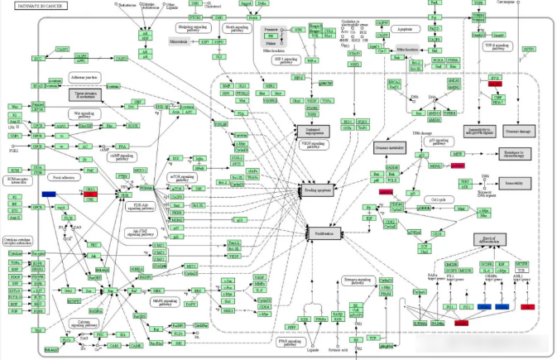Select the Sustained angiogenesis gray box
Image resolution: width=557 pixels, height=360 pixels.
(315, 130)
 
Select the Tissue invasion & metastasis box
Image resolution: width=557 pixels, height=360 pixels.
(84, 95)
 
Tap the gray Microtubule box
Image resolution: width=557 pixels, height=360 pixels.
(180, 40)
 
